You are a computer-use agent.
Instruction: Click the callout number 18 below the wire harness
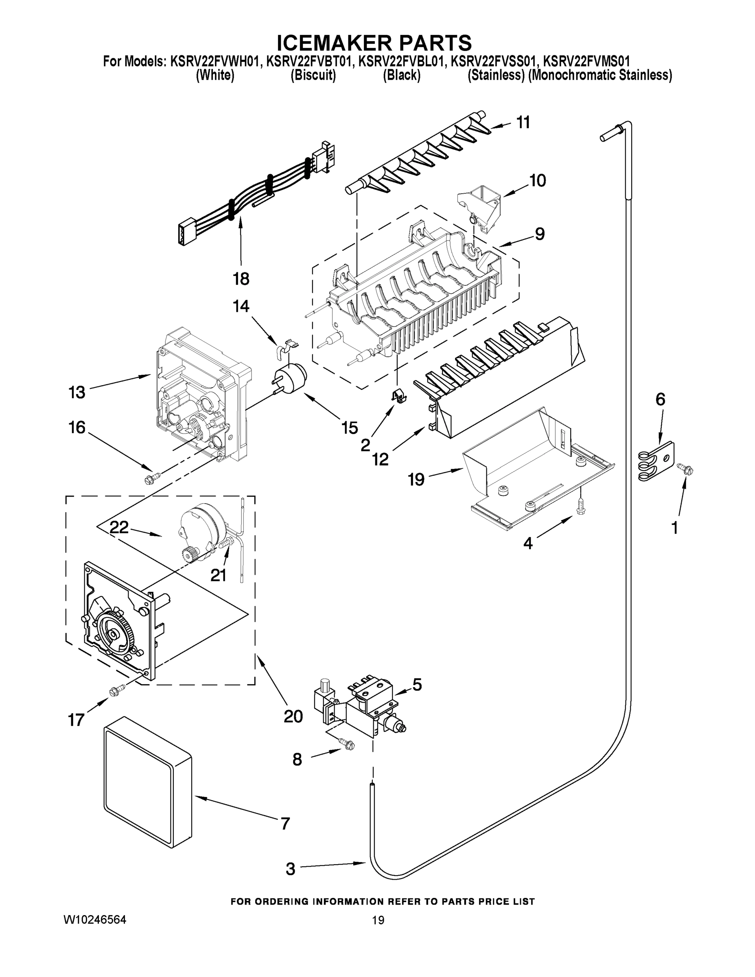(241, 279)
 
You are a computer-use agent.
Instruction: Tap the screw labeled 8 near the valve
(347, 743)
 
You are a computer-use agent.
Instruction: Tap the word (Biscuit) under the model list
(313, 75)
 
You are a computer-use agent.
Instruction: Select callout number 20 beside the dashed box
(293, 716)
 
